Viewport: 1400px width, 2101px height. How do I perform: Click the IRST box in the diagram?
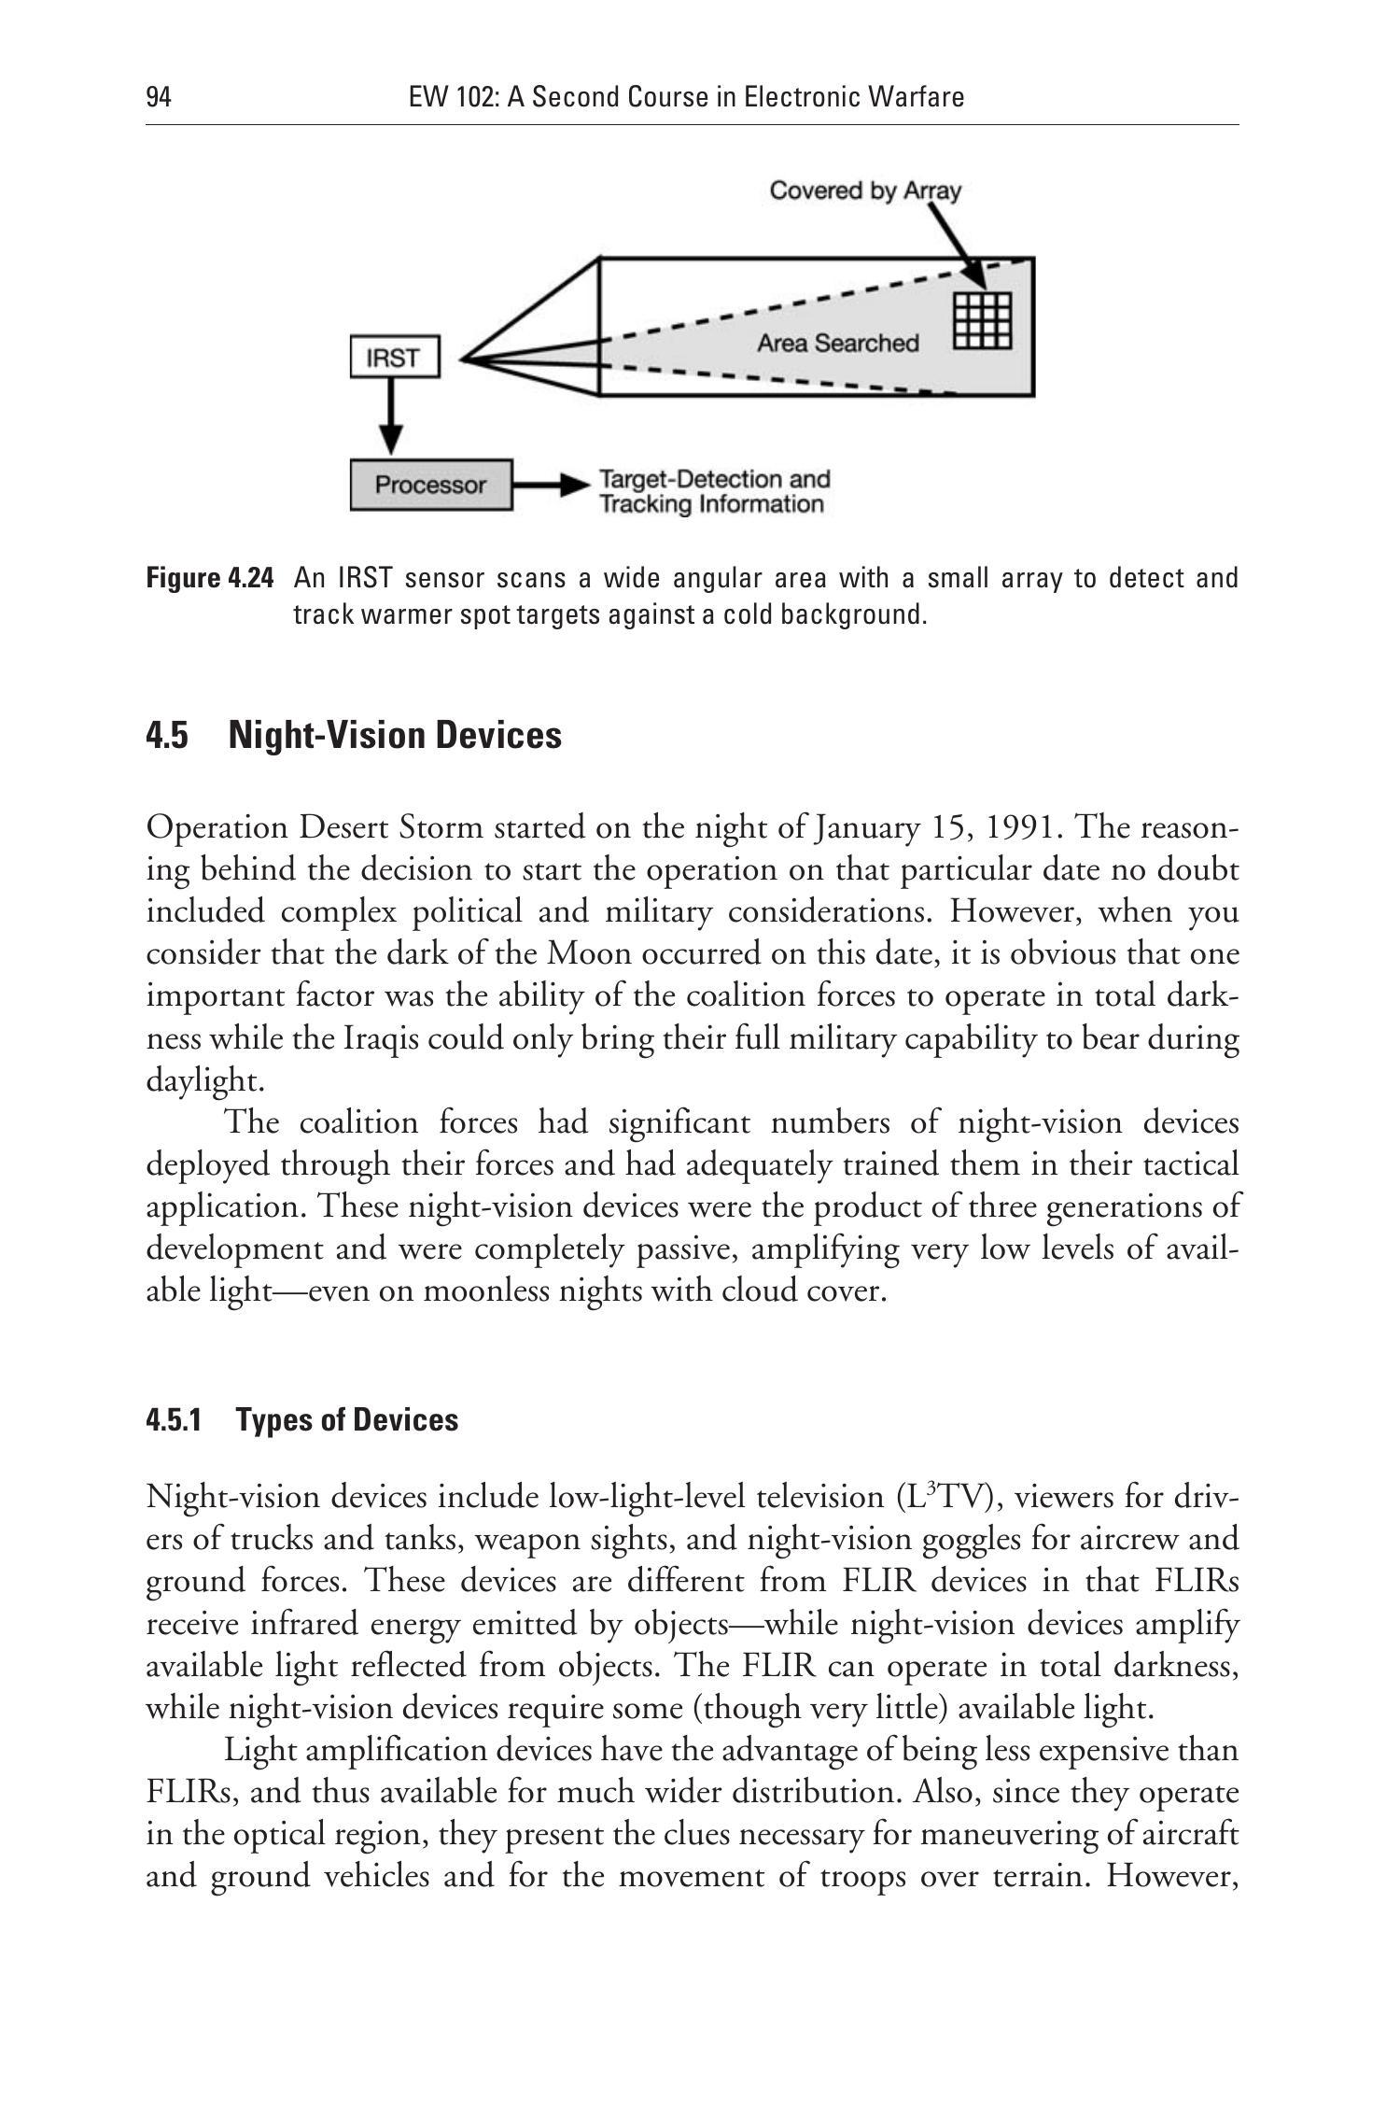(x=394, y=359)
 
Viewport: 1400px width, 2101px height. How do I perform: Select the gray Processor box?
(x=431, y=485)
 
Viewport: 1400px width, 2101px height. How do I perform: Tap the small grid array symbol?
(x=983, y=320)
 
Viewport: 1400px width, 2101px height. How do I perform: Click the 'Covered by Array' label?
(x=864, y=190)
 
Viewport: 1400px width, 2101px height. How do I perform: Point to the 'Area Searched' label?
(x=837, y=344)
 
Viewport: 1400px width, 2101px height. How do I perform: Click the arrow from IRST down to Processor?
(x=393, y=416)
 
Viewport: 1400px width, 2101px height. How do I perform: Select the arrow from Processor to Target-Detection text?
(x=550, y=486)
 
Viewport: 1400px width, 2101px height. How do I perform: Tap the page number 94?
(x=159, y=97)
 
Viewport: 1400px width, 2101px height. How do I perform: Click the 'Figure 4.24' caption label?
(x=210, y=579)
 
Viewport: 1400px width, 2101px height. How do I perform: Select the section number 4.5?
(x=167, y=736)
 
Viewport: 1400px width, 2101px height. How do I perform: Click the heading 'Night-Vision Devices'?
(x=395, y=736)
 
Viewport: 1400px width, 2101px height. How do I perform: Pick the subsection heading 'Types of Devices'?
(x=346, y=1420)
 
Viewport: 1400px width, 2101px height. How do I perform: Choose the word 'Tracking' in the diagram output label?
(x=642, y=505)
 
